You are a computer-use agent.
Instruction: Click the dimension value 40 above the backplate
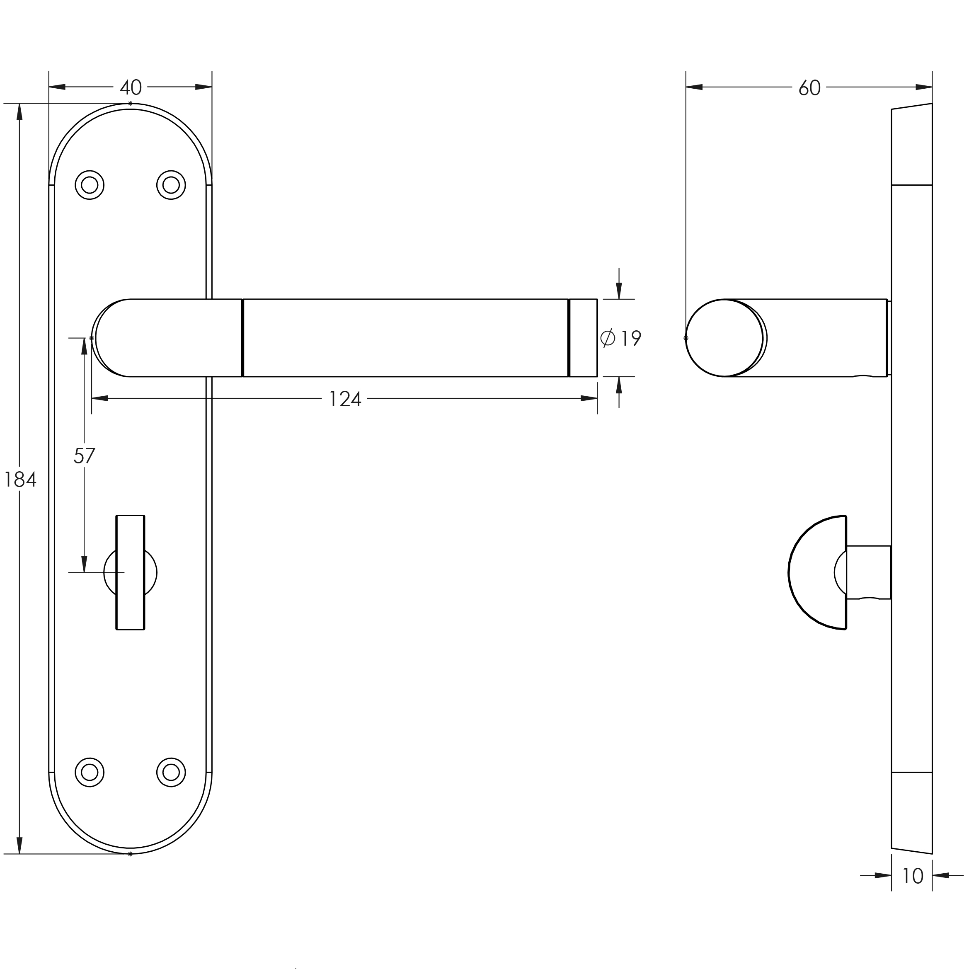[x=131, y=88]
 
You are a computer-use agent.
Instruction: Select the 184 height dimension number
[x=20, y=480]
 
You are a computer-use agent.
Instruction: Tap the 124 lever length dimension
[x=344, y=399]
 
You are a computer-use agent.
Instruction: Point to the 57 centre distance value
[x=84, y=456]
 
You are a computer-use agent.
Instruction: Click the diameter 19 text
[x=630, y=339]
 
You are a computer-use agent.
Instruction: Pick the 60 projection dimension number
[x=809, y=88]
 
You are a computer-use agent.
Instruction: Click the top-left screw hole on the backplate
[x=89, y=185]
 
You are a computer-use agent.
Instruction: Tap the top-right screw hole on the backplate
[x=171, y=185]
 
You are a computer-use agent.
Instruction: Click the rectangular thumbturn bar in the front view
[x=131, y=572]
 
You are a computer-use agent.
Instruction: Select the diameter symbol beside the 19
[x=607, y=338]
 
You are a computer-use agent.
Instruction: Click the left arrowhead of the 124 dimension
[x=99, y=398]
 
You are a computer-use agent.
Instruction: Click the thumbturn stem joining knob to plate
[x=868, y=572]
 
